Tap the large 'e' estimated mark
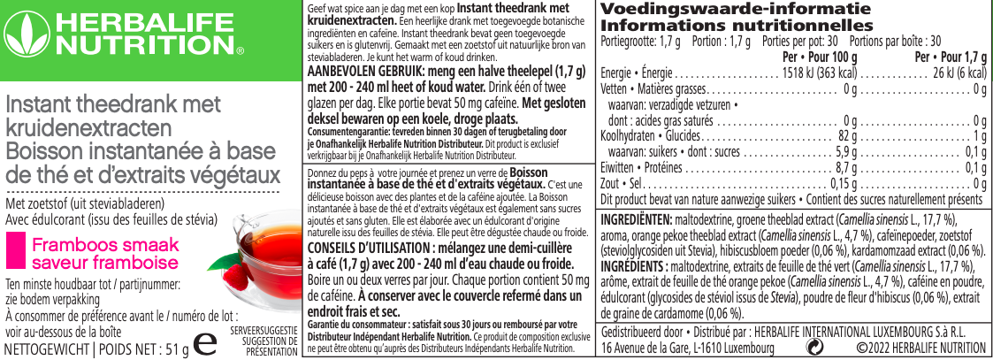tap(207, 343)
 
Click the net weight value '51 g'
tap(177, 349)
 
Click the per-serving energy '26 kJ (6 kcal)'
tap(959, 73)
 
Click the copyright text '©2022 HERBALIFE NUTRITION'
tap(916, 348)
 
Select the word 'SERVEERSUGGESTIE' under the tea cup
tap(263, 330)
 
